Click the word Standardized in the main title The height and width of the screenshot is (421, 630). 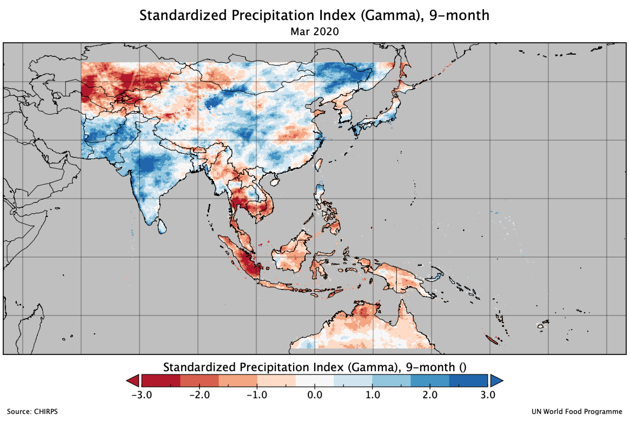coord(183,15)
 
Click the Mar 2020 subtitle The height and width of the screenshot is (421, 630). coord(314,32)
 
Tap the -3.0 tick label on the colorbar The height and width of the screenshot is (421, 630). coord(141,395)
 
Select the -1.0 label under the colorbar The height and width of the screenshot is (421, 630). coord(257,395)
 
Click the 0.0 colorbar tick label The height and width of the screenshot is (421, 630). coord(315,395)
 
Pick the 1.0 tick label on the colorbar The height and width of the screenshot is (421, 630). coord(373,395)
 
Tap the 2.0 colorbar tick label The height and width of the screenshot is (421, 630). coord(430,395)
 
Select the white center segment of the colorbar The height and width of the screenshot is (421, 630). coord(315,381)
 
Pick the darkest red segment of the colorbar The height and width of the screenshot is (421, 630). coord(161,381)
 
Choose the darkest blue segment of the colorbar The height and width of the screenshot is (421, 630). coord(469,381)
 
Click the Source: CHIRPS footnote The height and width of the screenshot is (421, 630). coord(32,412)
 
